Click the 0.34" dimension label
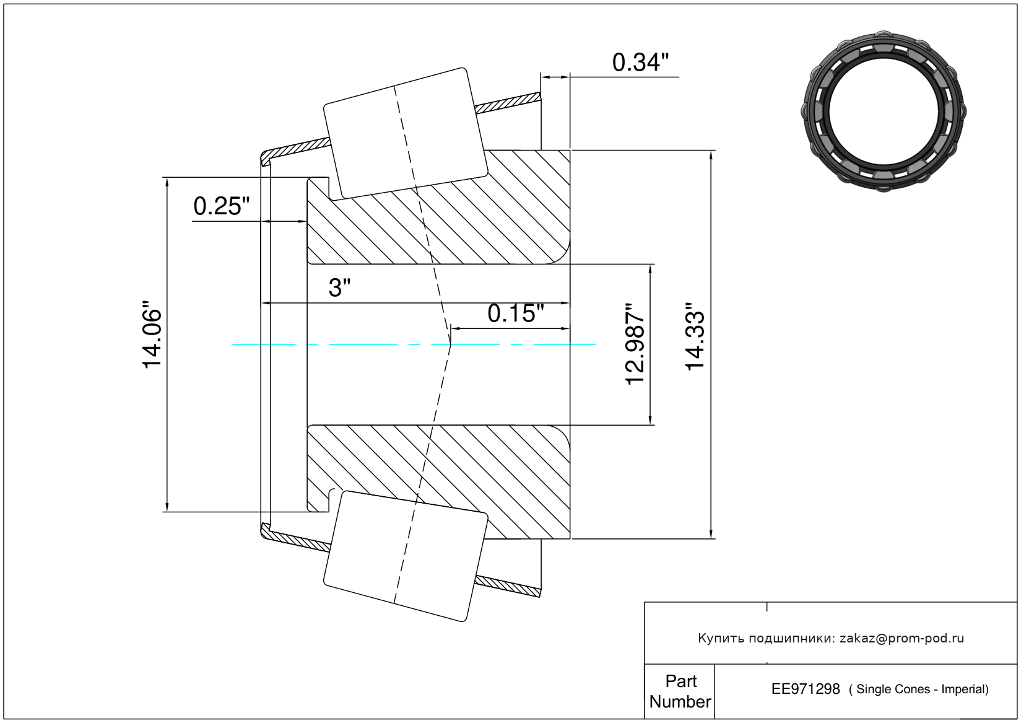coord(640,63)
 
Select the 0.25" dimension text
coord(222,206)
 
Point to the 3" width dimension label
coord(339,288)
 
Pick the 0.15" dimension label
coord(516,313)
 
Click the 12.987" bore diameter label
coord(635,343)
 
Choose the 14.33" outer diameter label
coord(695,336)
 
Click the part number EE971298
coord(806,689)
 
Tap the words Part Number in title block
coord(680,691)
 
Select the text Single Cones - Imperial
coord(922,690)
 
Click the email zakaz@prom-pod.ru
coord(902,638)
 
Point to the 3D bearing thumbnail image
coord(884,112)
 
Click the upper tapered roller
coord(406,133)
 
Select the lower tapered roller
coord(406,556)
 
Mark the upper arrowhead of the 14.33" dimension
coord(711,155)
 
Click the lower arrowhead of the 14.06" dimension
coord(167,507)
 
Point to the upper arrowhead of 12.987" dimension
coord(650,269)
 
